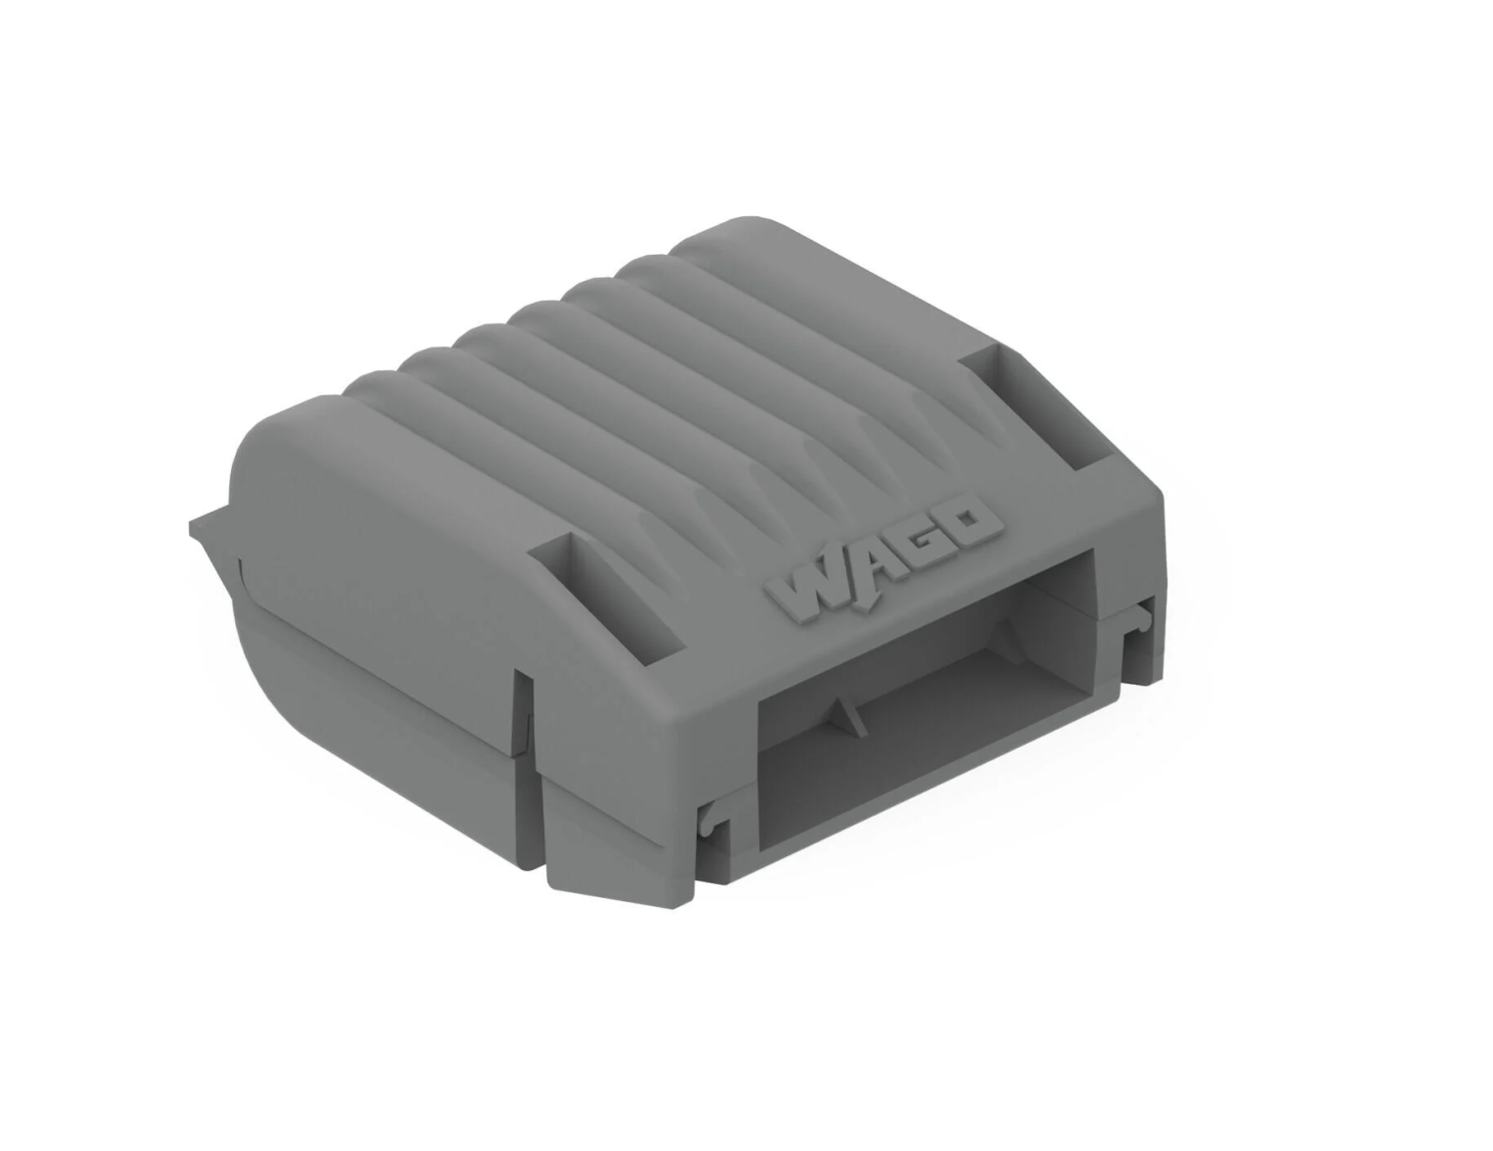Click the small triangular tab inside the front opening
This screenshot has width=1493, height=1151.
click(843, 714)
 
